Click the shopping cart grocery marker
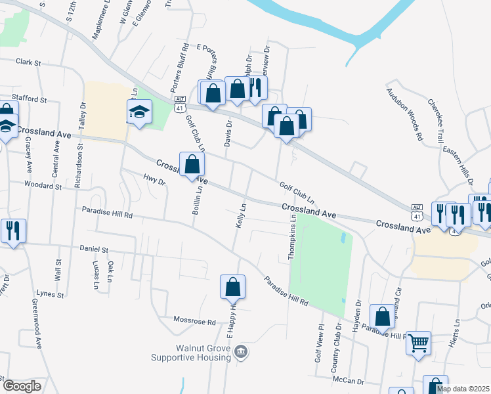click(418, 342)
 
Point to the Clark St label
click(28, 64)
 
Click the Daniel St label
click(94, 250)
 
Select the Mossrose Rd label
click(194, 322)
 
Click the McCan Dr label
click(347, 381)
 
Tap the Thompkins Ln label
click(293, 240)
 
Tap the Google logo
click(22, 386)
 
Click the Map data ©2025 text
click(463, 389)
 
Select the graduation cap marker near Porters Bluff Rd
click(139, 112)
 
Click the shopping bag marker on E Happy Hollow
click(232, 287)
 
